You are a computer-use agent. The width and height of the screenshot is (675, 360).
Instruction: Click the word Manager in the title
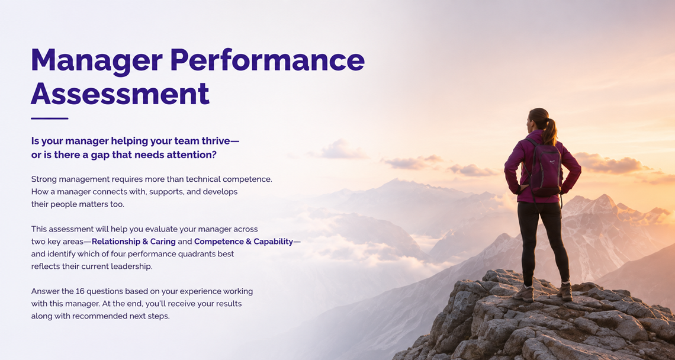[x=97, y=61]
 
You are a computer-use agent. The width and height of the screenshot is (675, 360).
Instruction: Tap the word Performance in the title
[x=267, y=60]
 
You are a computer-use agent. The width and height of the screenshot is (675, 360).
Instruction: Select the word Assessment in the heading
[x=120, y=94]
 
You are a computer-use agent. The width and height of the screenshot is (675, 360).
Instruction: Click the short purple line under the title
[x=50, y=118]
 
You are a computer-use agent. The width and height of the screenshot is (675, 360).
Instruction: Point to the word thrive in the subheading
[x=218, y=141]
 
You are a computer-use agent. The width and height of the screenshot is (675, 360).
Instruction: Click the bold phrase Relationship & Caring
[x=133, y=242]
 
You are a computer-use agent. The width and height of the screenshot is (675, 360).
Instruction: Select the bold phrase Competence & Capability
[x=244, y=242]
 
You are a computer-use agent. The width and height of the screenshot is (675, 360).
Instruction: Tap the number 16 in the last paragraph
[x=80, y=291]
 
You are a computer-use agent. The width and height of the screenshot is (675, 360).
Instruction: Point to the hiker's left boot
[x=523, y=293]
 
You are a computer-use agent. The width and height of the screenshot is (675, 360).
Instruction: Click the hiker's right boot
[x=565, y=291]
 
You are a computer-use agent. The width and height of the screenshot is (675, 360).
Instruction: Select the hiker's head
[x=538, y=119]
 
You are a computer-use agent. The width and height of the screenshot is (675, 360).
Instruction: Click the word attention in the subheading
[x=195, y=155]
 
